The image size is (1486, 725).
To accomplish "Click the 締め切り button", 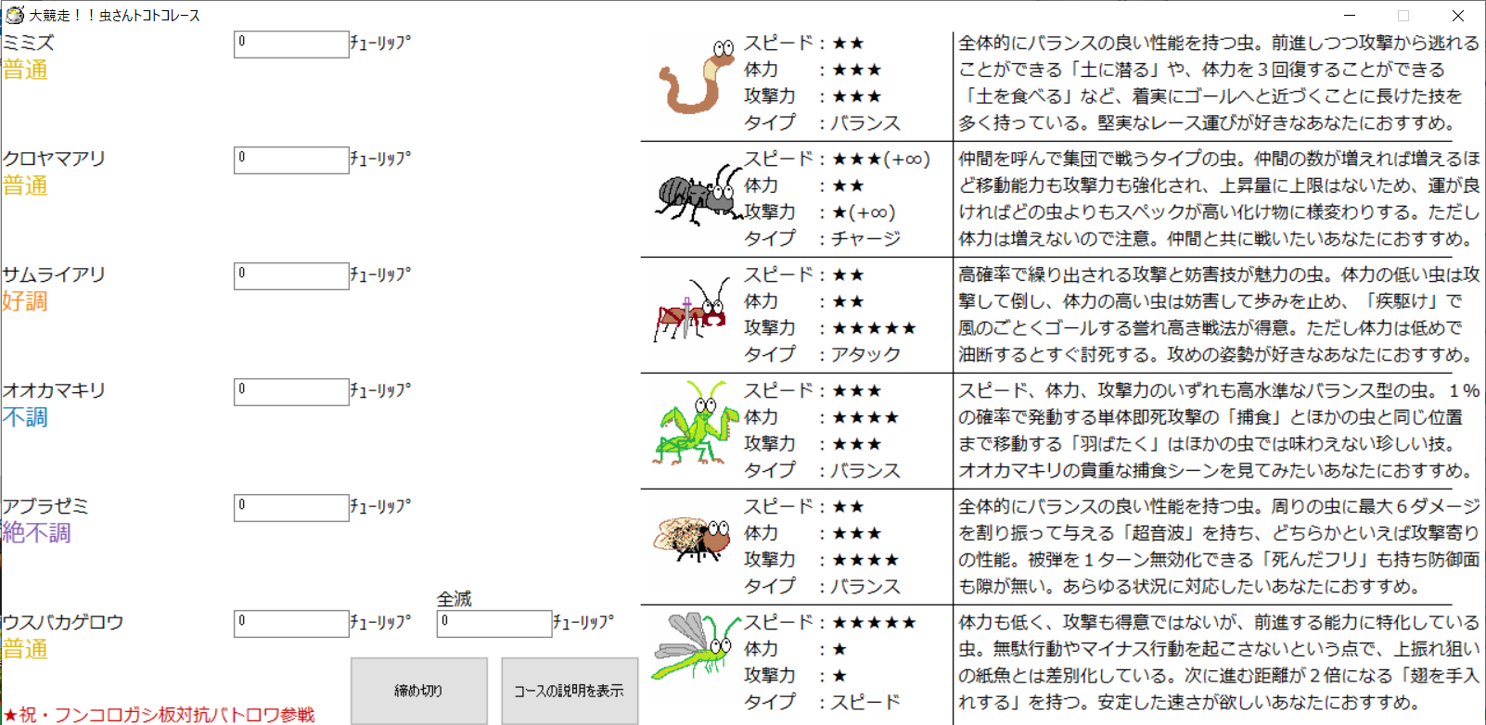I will point(418,691).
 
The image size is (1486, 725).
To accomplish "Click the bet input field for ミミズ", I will point(290,44).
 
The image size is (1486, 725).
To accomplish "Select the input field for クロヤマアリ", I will point(290,159).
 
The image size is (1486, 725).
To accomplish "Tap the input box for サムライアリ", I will point(290,275).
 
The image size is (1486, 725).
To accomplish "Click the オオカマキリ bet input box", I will point(290,391).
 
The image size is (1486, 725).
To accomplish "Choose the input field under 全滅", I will point(493,623).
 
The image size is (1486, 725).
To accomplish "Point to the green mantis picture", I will point(693,424).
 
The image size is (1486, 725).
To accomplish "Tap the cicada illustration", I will point(693,538).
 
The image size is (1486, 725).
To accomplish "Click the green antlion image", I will point(694,645).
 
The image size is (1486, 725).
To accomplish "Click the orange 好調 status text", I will point(25,301).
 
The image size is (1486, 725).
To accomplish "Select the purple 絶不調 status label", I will point(37,533).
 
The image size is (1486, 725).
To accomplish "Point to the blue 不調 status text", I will point(25,417).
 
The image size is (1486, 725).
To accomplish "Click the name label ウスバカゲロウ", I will point(63,622).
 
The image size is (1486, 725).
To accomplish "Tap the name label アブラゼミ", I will point(45,506).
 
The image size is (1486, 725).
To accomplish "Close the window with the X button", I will point(1458,16).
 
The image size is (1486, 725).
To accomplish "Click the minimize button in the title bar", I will point(1350,16).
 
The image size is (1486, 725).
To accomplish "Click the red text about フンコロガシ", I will point(160,715).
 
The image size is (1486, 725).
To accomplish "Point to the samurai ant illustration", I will point(692,310).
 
